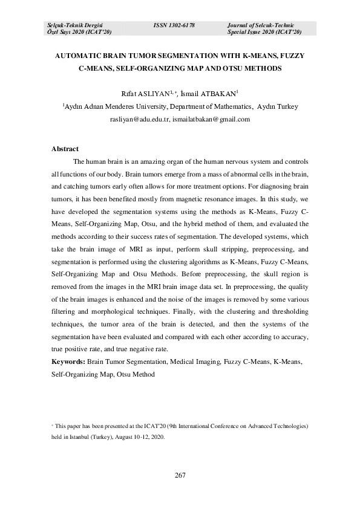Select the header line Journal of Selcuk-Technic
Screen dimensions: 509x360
[260, 25]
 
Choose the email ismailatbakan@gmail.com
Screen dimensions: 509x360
[211, 120]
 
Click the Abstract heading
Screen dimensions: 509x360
[65, 149]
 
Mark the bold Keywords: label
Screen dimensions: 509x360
[68, 361]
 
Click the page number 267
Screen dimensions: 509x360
[180, 475]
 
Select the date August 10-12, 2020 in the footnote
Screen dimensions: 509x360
[139, 436]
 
